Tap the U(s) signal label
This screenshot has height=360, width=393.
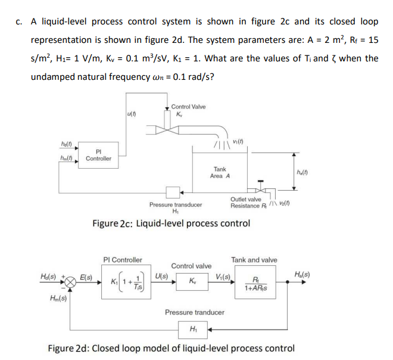tap(161, 276)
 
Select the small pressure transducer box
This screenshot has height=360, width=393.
tap(173, 192)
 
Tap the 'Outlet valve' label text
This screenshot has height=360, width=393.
tap(245, 199)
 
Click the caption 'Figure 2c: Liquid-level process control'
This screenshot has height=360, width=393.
tap(171, 224)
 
